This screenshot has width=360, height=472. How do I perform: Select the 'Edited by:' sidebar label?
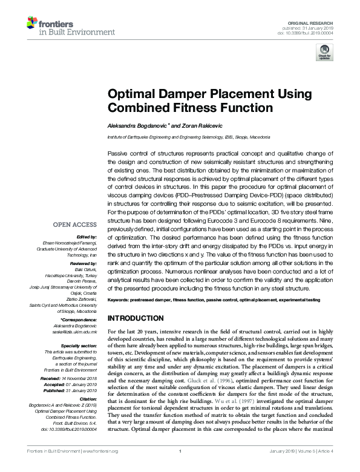(x=87, y=237)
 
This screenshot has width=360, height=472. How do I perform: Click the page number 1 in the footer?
(x=180, y=467)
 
